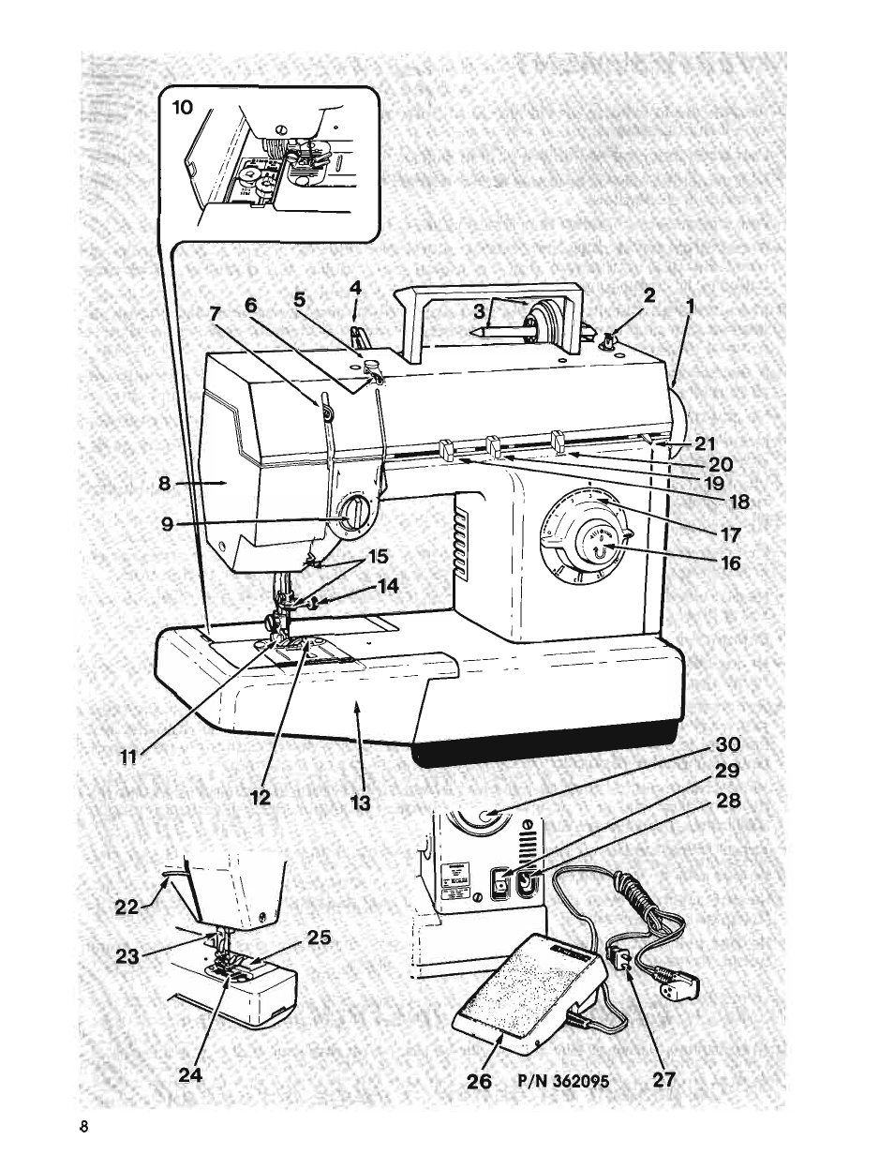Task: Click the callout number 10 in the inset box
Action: (x=182, y=108)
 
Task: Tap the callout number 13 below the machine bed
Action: (x=361, y=802)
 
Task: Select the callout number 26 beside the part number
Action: (x=478, y=1080)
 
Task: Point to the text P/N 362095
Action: (x=562, y=1081)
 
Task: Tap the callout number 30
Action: (x=728, y=745)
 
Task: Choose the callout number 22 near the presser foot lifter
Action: (x=127, y=907)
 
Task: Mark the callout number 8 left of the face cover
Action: (x=164, y=485)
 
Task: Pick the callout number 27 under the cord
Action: (x=663, y=1080)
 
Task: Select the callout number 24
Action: (x=190, y=1075)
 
